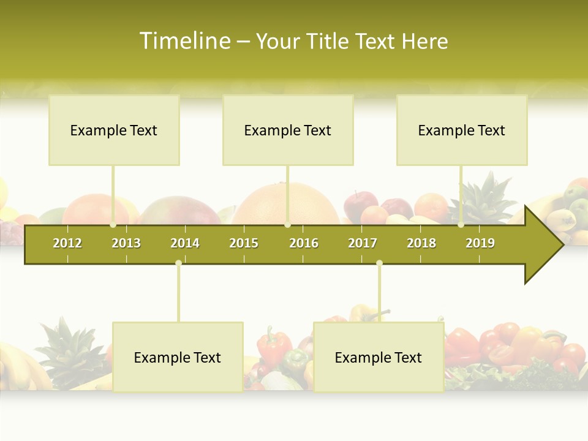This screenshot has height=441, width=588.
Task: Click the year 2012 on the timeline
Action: pyautogui.click(x=67, y=243)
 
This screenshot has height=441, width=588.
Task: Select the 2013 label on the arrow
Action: pyautogui.click(x=126, y=243)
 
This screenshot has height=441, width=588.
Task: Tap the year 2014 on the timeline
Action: pyautogui.click(x=185, y=243)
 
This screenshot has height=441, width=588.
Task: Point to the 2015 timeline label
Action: pyautogui.click(x=244, y=243)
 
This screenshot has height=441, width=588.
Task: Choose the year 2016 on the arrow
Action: pyautogui.click(x=304, y=243)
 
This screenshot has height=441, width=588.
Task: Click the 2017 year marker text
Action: pyautogui.click(x=363, y=243)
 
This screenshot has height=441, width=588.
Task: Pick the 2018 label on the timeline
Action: pyautogui.click(x=421, y=243)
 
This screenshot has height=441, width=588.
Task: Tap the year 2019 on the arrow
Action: pyautogui.click(x=480, y=243)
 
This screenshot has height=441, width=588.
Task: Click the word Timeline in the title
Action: pyautogui.click(x=184, y=41)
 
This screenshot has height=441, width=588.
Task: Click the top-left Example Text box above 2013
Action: pyautogui.click(x=114, y=130)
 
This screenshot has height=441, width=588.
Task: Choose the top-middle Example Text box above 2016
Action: pyautogui.click(x=288, y=130)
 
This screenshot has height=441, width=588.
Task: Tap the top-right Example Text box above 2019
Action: pyautogui.click(x=462, y=130)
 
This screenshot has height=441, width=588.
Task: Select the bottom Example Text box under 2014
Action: pyautogui.click(x=178, y=357)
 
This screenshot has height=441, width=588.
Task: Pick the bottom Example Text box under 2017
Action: pyautogui.click(x=379, y=357)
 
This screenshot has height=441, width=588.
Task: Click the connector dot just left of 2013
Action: pyautogui.click(x=113, y=225)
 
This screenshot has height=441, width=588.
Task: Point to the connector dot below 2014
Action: pyautogui.click(x=178, y=263)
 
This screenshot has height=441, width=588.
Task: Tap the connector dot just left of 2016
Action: pyautogui.click(x=287, y=225)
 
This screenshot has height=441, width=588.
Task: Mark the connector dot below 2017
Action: pyautogui.click(x=379, y=263)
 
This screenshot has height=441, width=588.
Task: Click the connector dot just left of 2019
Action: pyautogui.click(x=461, y=225)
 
